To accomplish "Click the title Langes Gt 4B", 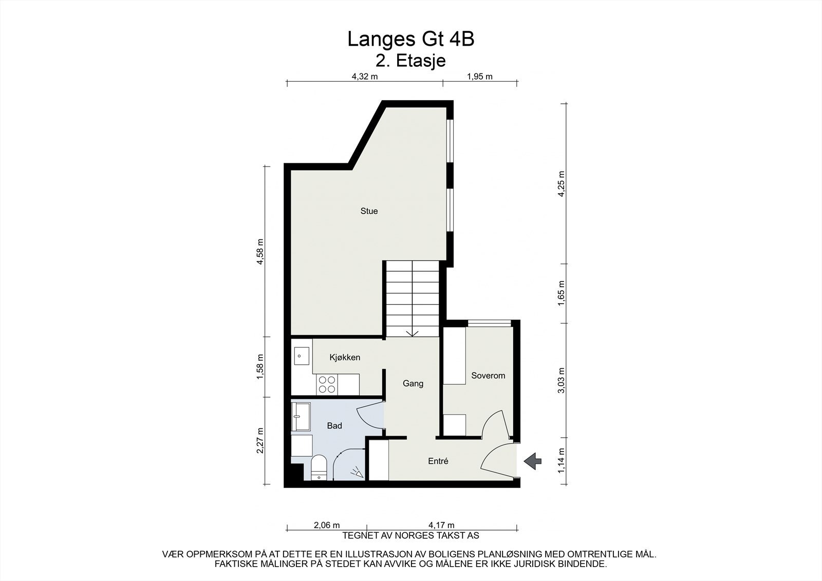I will coord(410,39).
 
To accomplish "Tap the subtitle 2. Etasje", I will coord(410,61).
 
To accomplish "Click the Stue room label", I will coord(369,211).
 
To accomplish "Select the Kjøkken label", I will coord(344,358).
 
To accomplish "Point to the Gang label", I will coord(413,383).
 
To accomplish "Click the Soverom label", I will coord(488,376).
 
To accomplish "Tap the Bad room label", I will coord(334,426).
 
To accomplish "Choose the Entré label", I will coord(438,461).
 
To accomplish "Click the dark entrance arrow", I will coord(532,461).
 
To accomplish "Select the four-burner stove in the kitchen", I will coord(327,384).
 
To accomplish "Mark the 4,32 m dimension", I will coord(364,77).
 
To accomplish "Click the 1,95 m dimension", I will coord(479,77).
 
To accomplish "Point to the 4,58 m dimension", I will coord(260,252).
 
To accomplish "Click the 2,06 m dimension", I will coord(326,525).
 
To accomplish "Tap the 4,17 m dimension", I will coord(441,525).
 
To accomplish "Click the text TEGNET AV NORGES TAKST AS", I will coord(410,535).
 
